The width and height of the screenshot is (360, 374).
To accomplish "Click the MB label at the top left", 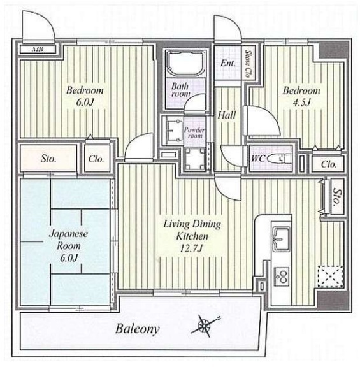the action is [x=38, y=49].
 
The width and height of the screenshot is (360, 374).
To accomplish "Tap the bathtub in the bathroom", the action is [x=186, y=63].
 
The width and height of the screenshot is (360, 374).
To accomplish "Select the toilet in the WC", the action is [x=278, y=159].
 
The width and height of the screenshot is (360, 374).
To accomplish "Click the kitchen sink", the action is [x=281, y=239].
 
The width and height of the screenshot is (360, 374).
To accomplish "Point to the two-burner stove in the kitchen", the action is [x=282, y=277].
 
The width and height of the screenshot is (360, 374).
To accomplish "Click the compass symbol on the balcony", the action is [x=205, y=326].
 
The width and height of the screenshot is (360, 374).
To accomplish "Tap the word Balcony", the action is [x=137, y=329].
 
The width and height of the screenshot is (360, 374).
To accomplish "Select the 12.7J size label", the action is [x=191, y=248].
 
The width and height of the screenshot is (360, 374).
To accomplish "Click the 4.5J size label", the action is [x=301, y=103].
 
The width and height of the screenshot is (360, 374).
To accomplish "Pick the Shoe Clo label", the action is [x=248, y=64].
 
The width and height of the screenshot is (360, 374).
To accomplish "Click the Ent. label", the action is [x=228, y=63].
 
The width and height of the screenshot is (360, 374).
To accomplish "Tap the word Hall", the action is [x=227, y=115].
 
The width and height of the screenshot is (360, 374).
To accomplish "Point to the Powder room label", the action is [x=194, y=133].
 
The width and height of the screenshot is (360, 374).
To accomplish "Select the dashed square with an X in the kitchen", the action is [x=331, y=277].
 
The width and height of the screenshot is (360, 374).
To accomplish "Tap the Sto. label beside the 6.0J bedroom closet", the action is [x=48, y=159].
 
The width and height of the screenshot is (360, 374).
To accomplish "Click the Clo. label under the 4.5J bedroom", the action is [x=329, y=164].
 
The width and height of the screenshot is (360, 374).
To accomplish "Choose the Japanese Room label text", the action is [x=68, y=240].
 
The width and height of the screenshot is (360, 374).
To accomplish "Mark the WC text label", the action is [x=257, y=159].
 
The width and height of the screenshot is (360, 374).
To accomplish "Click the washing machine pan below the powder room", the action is [x=195, y=159].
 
